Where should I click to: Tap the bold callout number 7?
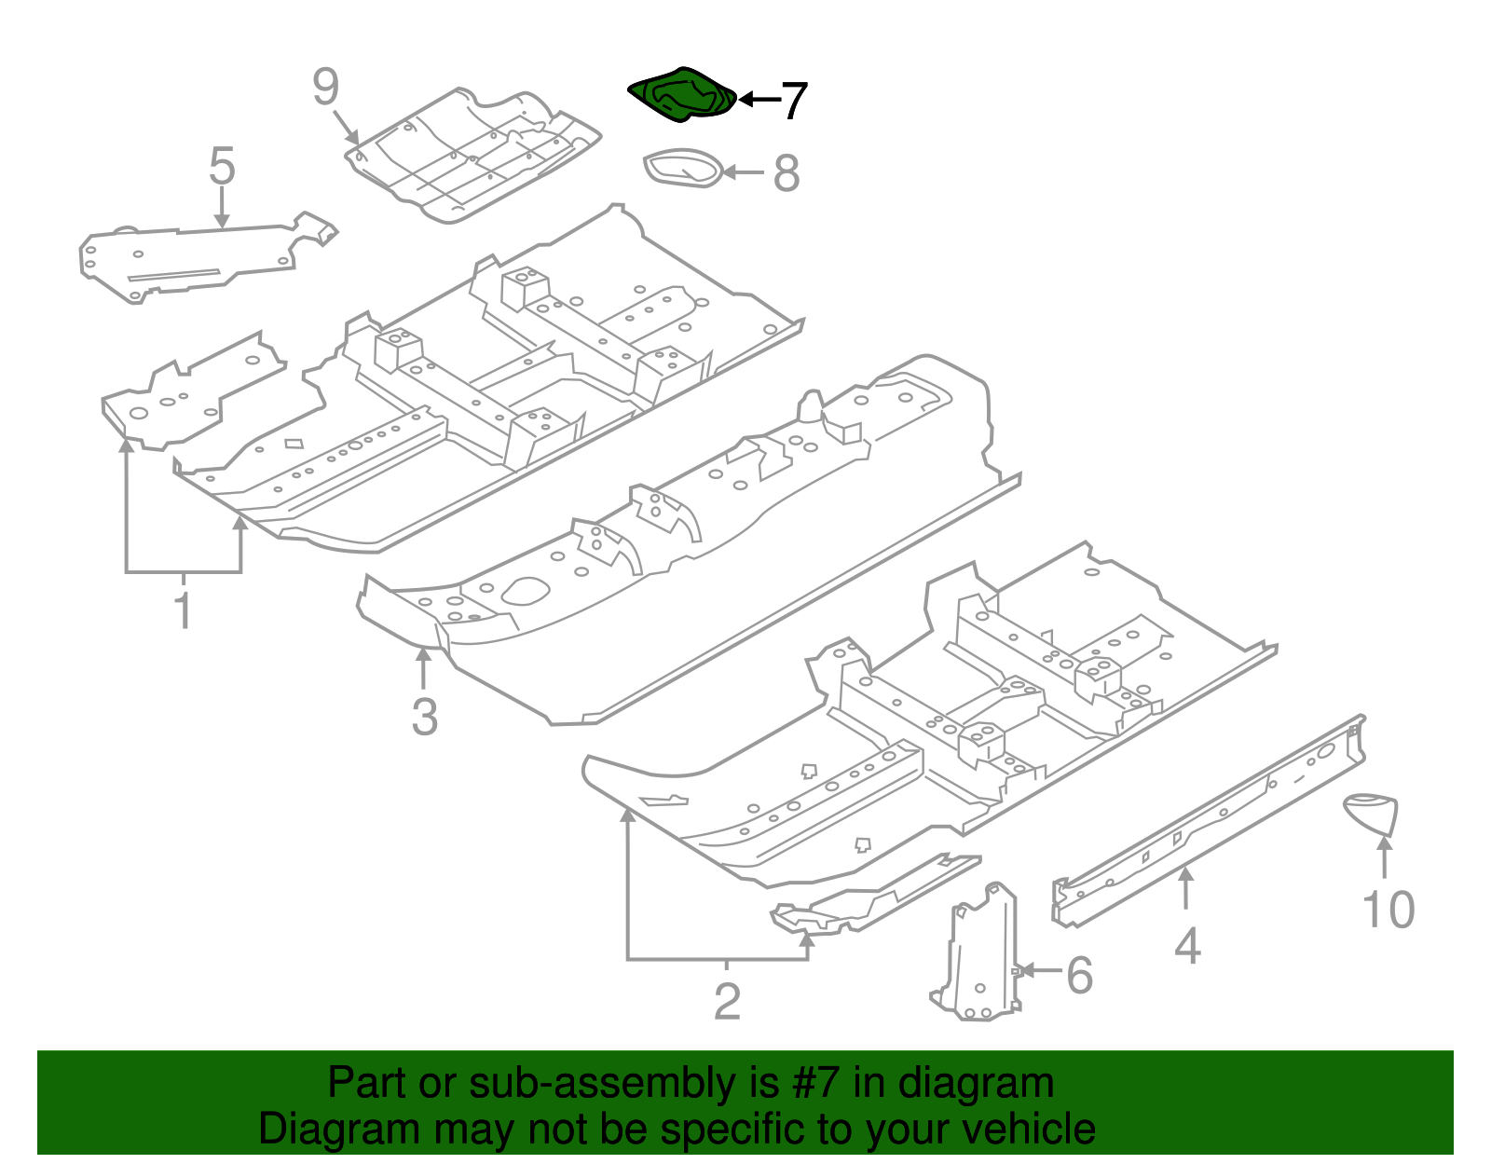[x=792, y=101]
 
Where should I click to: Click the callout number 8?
[x=787, y=173]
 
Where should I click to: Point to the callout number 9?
[x=325, y=88]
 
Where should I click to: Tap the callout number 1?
[x=184, y=610]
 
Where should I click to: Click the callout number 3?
[x=424, y=717]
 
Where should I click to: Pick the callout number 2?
[x=727, y=1002]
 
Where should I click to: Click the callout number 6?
[x=1079, y=976]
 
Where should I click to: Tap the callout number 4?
[x=1186, y=947]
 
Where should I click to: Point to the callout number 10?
[x=1388, y=910]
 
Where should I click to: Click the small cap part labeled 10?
[x=1373, y=811]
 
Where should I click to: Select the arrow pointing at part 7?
[x=759, y=99]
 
